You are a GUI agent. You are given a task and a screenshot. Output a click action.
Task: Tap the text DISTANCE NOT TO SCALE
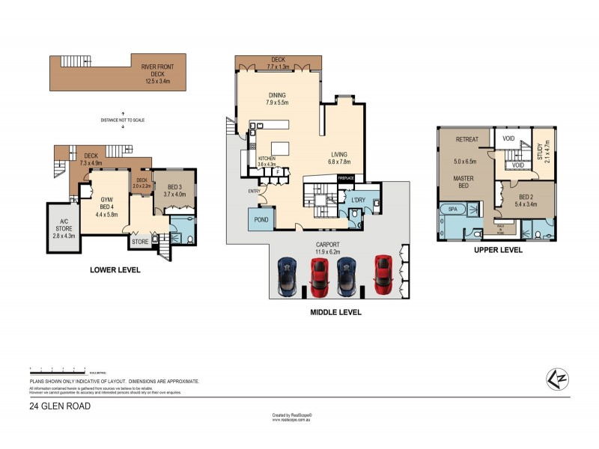coord(123,120)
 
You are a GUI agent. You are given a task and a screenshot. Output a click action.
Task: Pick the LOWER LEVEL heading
coord(115,270)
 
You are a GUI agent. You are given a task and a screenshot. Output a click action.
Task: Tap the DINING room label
coord(278,96)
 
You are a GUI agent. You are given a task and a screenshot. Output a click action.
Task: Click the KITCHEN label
coord(267,159)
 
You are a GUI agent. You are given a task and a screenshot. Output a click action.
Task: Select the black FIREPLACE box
coord(345,177)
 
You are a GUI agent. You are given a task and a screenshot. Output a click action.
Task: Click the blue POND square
coord(261,219)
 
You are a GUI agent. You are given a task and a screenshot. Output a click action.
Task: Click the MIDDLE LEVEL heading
coord(335,312)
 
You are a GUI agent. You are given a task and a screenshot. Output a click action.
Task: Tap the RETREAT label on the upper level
coord(466,139)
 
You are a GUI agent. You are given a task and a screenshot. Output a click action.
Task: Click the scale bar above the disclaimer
coord(58,370)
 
